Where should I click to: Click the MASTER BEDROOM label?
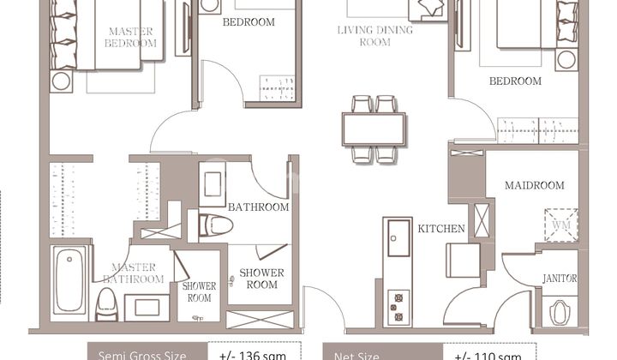tap(131, 37)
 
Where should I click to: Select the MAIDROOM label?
tap(534, 185)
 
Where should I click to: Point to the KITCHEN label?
tap(441, 229)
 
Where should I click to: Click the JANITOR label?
tap(560, 279)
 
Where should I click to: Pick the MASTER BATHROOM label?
tap(134, 273)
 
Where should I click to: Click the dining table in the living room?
tap(374, 129)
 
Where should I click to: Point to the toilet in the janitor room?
tap(561, 310)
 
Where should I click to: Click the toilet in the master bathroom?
tap(106, 303)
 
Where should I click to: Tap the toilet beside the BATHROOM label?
tap(216, 225)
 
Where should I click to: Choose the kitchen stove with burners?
tap(398, 305)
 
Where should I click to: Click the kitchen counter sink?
tap(399, 237)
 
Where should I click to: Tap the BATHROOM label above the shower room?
tap(258, 207)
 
